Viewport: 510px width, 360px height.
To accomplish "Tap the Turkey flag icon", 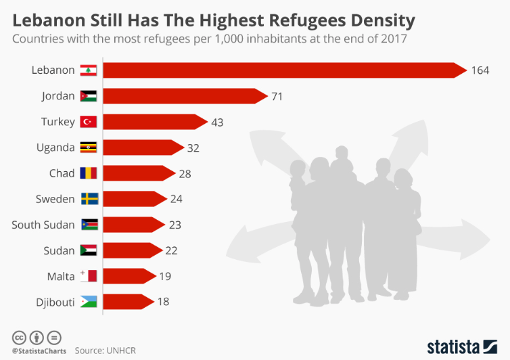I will (89, 122).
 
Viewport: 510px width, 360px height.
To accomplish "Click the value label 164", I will (480, 70).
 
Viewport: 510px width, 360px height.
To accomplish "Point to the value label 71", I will (277, 96).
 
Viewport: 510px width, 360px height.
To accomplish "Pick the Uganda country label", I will (55, 148).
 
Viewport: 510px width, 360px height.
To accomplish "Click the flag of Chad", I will (89, 173).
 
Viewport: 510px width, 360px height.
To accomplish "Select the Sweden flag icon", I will (89, 199).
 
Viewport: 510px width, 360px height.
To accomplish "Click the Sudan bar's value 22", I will (171, 250).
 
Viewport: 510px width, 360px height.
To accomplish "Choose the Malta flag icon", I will (89, 276).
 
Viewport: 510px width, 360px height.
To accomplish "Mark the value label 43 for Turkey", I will (216, 122).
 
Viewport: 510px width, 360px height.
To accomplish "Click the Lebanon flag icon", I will (89, 70).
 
